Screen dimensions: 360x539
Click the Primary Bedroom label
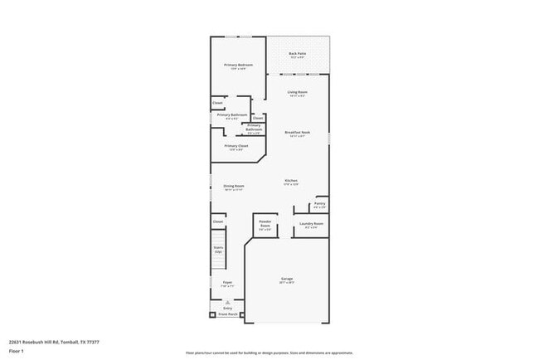[x=238, y=65]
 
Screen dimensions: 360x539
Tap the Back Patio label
[x=297, y=54]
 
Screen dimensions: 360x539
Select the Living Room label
[x=297, y=92]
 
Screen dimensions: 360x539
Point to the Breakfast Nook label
[x=297, y=132]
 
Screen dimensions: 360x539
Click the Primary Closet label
[x=236, y=146]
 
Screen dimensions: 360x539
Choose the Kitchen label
[x=291, y=181]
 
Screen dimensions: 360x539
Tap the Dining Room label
[x=234, y=186]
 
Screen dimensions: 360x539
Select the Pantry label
[x=319, y=203]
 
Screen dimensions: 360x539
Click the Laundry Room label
[x=313, y=223]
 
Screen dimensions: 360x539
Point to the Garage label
[x=287, y=279]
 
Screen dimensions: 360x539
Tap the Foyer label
[x=226, y=283]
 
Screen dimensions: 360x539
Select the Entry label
[x=227, y=309]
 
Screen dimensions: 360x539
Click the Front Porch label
[x=227, y=315]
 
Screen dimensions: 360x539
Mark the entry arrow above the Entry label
[x=227, y=303]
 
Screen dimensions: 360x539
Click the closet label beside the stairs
[x=218, y=221]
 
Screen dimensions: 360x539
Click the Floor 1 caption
[x=16, y=351]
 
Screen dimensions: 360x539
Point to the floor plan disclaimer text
[x=269, y=352]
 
